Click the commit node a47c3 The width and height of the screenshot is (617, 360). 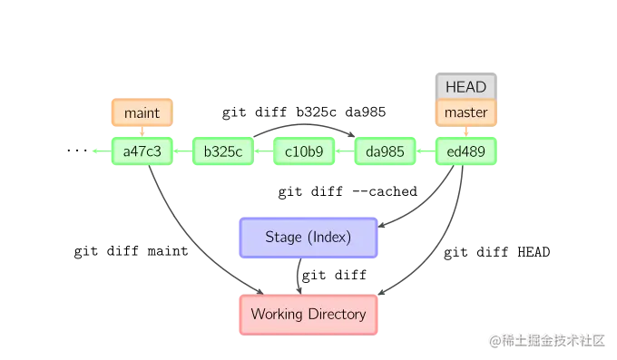[141, 151]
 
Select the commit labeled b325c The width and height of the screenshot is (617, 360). [222, 151]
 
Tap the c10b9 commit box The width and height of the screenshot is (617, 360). [304, 151]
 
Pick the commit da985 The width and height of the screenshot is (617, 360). [386, 151]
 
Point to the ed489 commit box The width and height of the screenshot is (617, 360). [466, 151]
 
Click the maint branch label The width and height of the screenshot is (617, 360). [141, 113]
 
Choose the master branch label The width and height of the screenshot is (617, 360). [466, 113]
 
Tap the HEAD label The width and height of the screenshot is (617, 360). [466, 87]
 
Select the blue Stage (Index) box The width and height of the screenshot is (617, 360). [308, 238]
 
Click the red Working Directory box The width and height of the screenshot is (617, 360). [308, 315]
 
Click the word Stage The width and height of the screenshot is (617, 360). [283, 238]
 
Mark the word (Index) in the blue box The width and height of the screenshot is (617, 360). [328, 238]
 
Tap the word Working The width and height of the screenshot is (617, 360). [276, 315]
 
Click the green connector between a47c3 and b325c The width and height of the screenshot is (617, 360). [181, 151]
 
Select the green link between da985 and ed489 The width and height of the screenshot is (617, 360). [426, 151]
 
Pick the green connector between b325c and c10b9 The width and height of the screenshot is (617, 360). [263, 151]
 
